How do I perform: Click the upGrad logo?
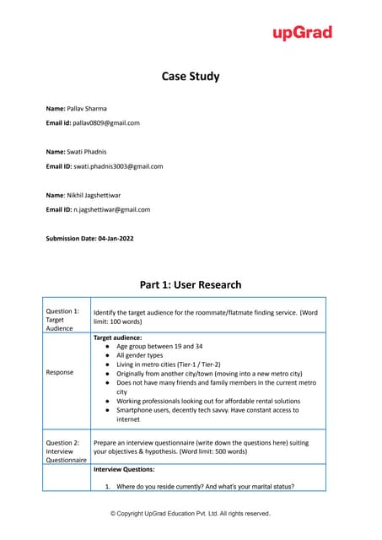point(302,33)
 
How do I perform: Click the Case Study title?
point(191,77)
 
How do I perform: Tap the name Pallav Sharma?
point(87,108)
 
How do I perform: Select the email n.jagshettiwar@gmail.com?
point(110,209)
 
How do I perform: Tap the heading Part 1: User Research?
point(191,284)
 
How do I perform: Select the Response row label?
point(61,372)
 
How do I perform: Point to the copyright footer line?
point(191,513)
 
